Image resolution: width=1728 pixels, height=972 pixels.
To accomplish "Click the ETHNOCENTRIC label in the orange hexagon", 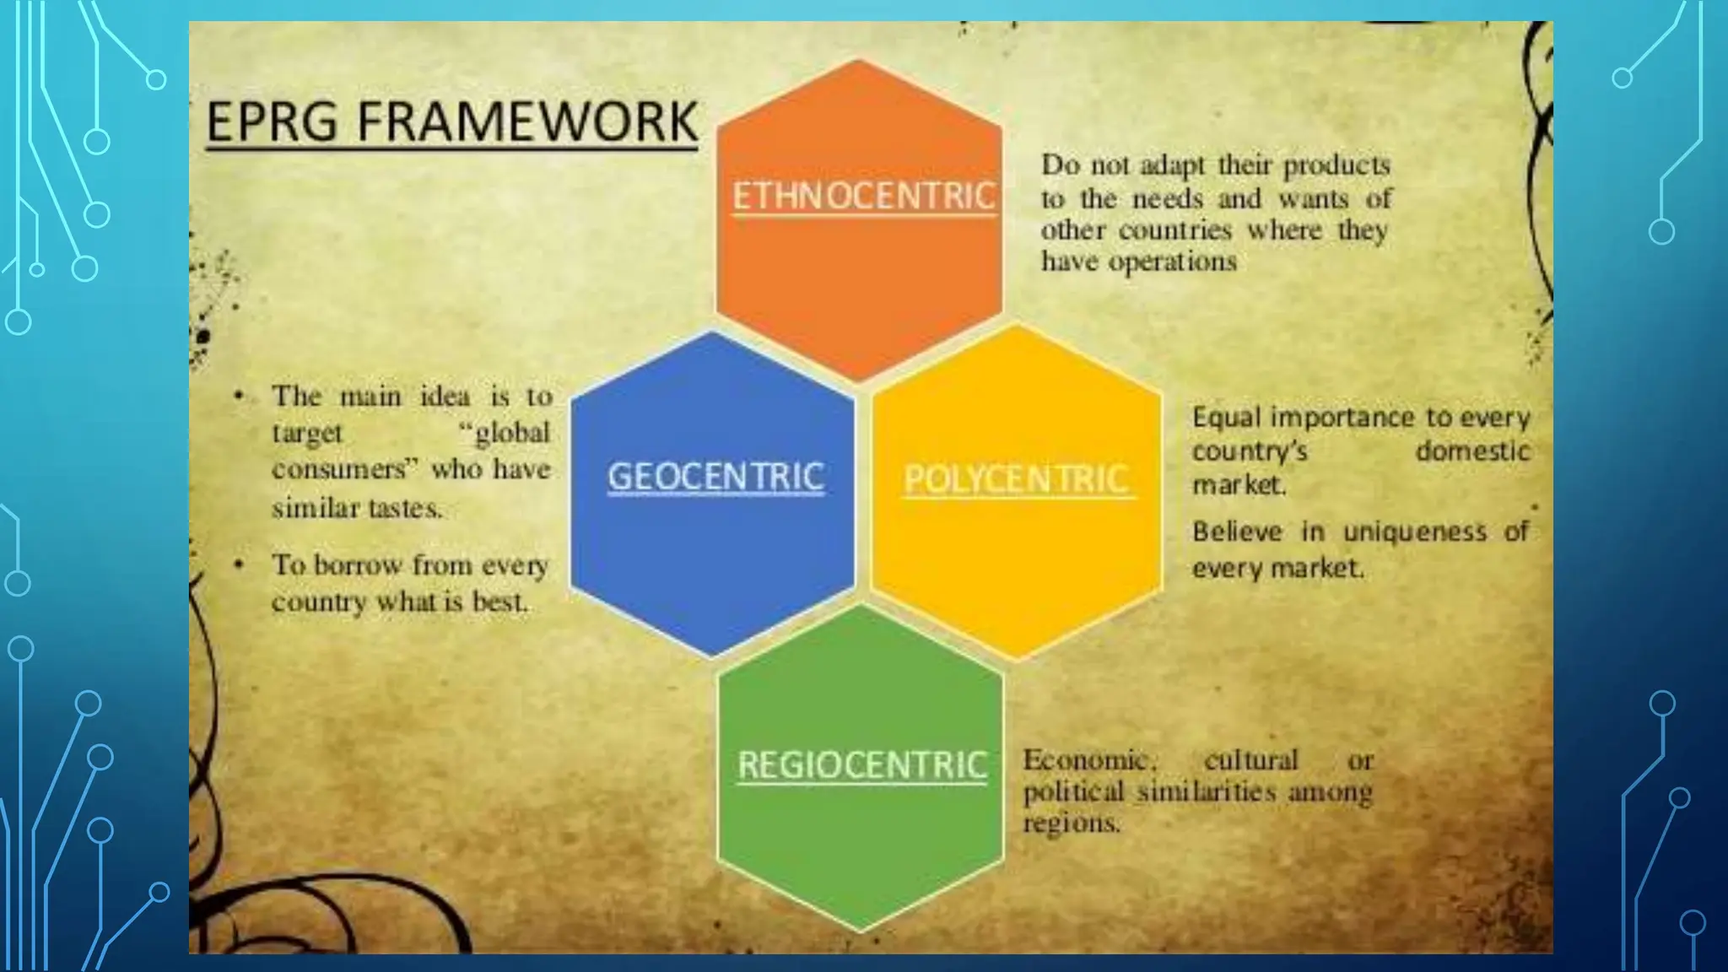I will [863, 196].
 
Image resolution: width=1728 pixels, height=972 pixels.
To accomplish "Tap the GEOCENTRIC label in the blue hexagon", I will [715, 477].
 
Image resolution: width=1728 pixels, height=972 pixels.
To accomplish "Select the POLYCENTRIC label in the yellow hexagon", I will [1017, 479].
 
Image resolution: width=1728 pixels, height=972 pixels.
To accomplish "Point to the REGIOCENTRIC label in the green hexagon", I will [861, 765].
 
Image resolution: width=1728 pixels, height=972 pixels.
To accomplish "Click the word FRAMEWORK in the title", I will [527, 121].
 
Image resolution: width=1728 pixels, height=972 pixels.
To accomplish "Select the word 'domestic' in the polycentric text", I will [1472, 451].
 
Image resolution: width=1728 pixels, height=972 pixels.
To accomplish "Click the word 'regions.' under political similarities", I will [1072, 823].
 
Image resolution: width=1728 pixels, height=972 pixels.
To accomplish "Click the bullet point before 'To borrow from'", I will [240, 564].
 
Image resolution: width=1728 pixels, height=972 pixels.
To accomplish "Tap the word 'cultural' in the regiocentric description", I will [1250, 760].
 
